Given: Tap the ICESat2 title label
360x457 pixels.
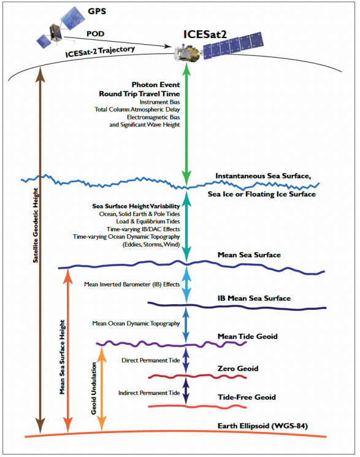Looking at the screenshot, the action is pos(205,34).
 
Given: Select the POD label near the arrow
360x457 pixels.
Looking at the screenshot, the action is pos(95,34).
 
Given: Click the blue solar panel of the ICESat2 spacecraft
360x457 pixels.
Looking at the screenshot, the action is pos(233,45).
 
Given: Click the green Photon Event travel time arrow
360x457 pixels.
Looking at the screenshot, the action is pos(186,125).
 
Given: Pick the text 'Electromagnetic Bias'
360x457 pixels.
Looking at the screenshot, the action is pos(153,117).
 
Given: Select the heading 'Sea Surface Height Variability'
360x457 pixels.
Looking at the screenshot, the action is pos(136,206).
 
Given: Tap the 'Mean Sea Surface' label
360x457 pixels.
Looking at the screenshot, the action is pos(249,255).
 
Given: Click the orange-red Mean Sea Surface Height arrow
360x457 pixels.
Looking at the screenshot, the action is pos(68,350).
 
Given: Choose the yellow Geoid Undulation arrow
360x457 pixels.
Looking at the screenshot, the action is pos(101,388).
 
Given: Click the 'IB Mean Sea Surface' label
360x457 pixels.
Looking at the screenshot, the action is pos(254,298).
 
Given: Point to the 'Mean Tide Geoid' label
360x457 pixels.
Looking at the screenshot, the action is pos(248,336).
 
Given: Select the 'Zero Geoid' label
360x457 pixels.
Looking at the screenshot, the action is pos(238,369).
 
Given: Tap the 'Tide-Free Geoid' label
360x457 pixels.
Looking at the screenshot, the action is pos(247,397).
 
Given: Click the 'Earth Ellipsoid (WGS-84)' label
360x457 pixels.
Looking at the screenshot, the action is pos(262,426).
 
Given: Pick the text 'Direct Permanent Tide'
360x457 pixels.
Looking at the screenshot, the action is pos(151,360).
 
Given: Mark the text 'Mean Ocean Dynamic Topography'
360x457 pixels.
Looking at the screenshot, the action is pos(136,323).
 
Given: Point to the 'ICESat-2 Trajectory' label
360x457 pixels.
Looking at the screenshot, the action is pos(100,52).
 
